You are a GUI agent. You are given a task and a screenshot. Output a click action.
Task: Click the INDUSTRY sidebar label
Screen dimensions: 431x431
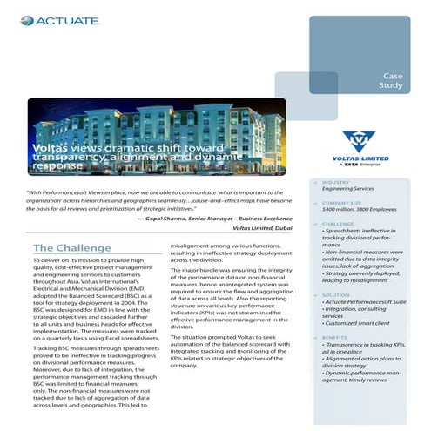tap(336, 182)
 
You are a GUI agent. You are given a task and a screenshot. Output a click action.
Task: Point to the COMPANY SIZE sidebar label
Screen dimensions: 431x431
tap(343, 202)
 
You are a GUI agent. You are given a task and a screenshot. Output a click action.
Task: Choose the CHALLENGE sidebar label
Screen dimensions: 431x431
tap(339, 223)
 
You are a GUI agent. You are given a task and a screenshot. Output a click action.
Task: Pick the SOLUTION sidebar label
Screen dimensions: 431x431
tap(337, 293)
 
